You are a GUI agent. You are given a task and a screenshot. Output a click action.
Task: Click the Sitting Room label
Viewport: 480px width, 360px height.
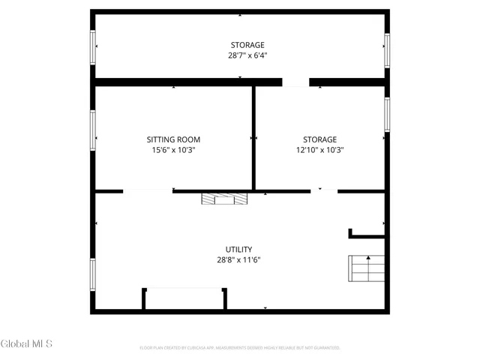tap(173, 139)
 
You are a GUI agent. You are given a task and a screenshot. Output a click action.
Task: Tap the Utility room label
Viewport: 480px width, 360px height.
tap(238, 250)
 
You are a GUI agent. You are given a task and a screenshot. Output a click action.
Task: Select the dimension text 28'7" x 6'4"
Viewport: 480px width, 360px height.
tap(247, 55)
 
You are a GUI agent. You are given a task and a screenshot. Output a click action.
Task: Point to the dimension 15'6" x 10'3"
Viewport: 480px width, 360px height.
tap(173, 150)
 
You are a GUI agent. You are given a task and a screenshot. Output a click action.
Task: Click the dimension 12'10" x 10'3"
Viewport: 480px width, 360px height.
tap(319, 150)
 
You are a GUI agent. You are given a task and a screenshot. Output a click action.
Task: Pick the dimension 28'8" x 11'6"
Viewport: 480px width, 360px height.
tap(238, 260)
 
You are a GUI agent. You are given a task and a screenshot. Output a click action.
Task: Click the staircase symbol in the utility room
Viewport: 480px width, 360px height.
tap(366, 267)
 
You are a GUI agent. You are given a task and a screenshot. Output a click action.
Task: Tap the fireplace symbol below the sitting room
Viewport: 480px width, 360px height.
tap(224, 199)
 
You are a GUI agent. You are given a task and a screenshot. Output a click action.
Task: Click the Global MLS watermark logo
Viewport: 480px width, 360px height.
tap(26, 344)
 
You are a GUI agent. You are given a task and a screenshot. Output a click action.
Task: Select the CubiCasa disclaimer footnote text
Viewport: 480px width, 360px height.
tap(240, 348)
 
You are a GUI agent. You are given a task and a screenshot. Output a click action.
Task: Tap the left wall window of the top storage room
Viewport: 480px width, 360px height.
tap(94, 46)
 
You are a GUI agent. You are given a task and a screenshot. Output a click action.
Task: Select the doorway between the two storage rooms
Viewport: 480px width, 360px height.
tap(295, 82)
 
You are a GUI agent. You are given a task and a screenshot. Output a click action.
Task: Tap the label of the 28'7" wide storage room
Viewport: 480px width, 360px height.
tap(247, 45)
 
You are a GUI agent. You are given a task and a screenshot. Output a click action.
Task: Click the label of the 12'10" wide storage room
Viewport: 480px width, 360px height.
tap(319, 139)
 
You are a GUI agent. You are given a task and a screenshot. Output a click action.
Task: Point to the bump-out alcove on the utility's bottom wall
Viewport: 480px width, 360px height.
tap(184, 298)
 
